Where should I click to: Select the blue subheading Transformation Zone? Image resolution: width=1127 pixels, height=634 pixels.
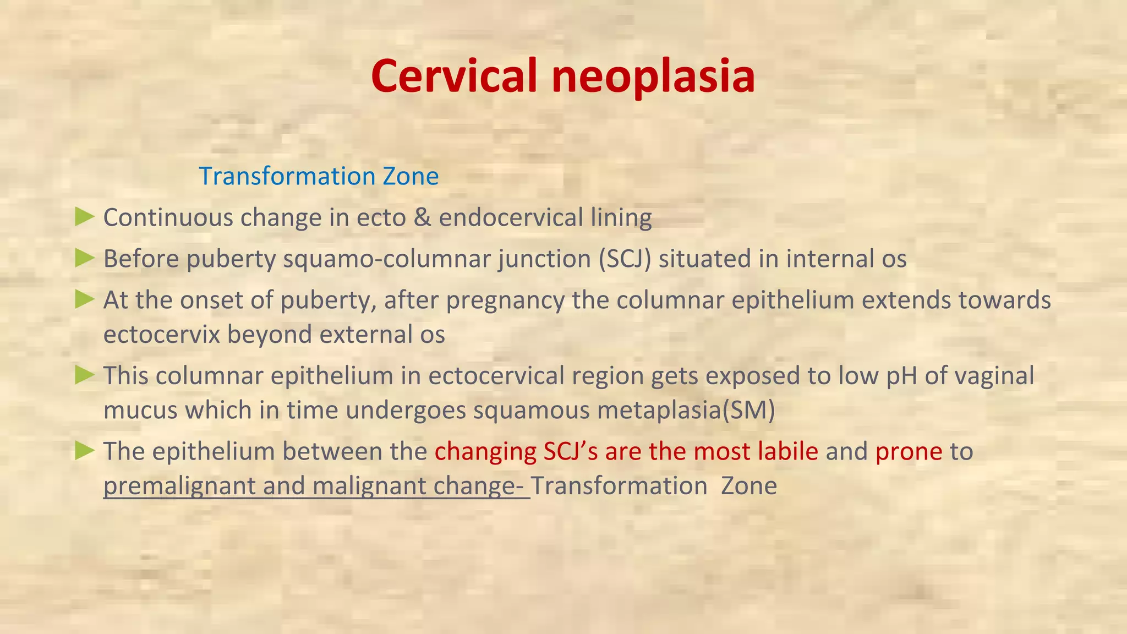click(x=319, y=176)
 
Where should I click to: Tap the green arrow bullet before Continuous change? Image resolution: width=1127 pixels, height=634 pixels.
click(x=85, y=217)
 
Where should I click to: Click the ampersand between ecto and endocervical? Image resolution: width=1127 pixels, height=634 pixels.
click(x=422, y=217)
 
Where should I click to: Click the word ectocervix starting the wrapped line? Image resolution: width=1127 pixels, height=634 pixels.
click(x=162, y=335)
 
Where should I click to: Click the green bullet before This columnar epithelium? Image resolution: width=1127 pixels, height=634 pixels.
click(x=85, y=375)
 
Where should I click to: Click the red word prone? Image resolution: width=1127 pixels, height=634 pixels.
click(x=909, y=452)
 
